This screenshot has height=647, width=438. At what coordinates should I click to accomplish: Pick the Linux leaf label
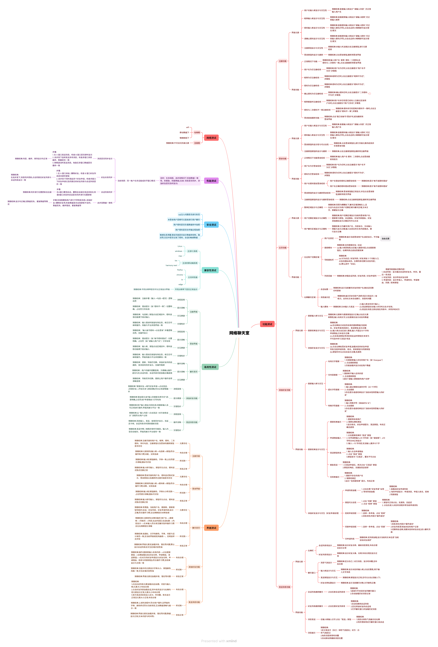pos(180,246)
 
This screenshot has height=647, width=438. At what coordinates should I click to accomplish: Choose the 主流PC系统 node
pos(192,251)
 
